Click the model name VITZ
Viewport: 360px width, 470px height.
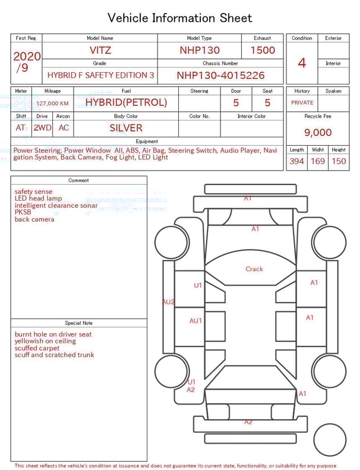(x=101, y=50)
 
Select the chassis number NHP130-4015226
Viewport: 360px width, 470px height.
(x=220, y=75)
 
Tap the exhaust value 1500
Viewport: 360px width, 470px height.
(x=262, y=50)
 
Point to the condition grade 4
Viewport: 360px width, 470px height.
(x=301, y=62)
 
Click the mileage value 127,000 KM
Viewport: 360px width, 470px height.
(x=52, y=104)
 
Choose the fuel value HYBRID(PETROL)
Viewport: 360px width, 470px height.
(x=126, y=102)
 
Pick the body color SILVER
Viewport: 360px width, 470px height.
(x=126, y=128)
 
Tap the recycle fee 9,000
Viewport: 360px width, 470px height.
(x=318, y=132)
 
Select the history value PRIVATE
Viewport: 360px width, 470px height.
(x=302, y=102)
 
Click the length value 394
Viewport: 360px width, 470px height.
(x=296, y=161)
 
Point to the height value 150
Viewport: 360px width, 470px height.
(x=339, y=161)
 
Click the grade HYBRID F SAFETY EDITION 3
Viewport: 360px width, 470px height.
(x=101, y=75)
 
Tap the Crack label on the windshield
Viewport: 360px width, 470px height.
(x=254, y=269)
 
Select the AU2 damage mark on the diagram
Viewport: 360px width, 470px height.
(x=168, y=302)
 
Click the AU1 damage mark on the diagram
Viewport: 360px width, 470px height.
(x=195, y=321)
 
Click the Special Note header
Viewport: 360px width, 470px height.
(x=79, y=323)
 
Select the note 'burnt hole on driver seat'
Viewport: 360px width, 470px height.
(x=53, y=334)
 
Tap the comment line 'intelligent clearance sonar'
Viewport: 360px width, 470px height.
(x=56, y=205)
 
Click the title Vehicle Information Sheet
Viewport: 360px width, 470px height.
(x=180, y=18)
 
